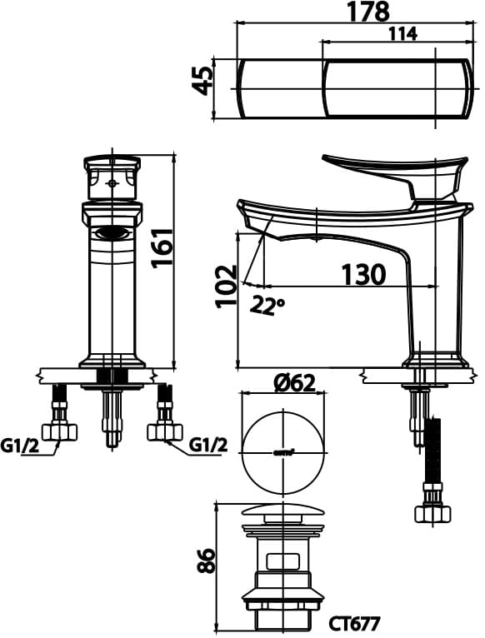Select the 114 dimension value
[x=402, y=33]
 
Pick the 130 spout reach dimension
[x=362, y=274]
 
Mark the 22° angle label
[x=267, y=306]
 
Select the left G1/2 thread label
[x=21, y=446]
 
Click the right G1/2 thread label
[x=208, y=446]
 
